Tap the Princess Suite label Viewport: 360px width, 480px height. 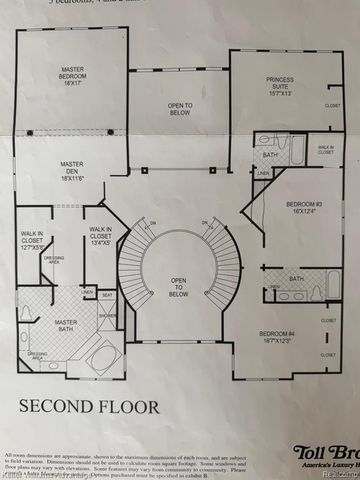279,83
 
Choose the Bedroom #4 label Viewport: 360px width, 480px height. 278,337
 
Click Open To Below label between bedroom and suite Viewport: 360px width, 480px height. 179,109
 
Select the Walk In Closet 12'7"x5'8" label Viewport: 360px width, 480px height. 33,243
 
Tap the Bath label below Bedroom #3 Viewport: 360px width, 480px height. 296,278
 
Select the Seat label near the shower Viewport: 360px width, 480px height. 106,294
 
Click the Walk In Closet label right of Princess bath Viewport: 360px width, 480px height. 326,149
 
